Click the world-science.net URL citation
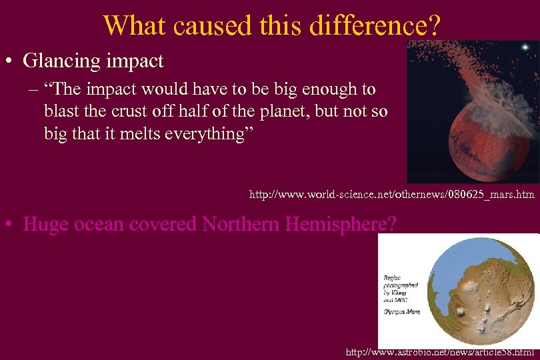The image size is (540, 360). pos(391,195)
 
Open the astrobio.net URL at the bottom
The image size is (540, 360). pos(440,351)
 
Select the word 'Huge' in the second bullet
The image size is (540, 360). pos(46,224)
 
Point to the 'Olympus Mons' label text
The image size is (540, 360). pos(401,311)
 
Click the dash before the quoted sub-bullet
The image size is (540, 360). pos(33,89)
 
